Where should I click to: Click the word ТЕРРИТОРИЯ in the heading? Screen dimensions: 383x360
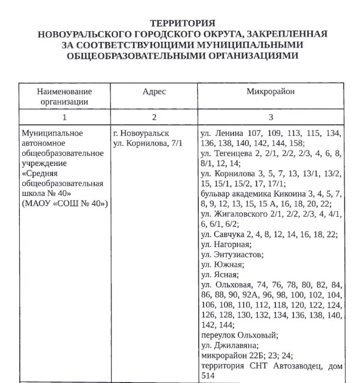[183, 23]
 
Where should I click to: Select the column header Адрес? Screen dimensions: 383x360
[154, 92]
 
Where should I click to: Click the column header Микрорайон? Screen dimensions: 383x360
[271, 92]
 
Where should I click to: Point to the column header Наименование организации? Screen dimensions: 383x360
[64, 97]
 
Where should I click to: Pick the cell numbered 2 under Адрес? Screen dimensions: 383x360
[154, 117]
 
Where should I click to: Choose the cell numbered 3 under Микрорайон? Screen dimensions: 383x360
[271, 117]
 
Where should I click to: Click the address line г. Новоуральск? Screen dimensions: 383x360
[141, 134]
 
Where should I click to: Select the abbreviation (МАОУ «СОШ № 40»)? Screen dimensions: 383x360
[65, 204]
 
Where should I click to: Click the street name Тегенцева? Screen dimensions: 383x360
[233, 153]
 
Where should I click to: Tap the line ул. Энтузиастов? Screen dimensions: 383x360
[232, 254]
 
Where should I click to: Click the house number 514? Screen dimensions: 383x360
[207, 376]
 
